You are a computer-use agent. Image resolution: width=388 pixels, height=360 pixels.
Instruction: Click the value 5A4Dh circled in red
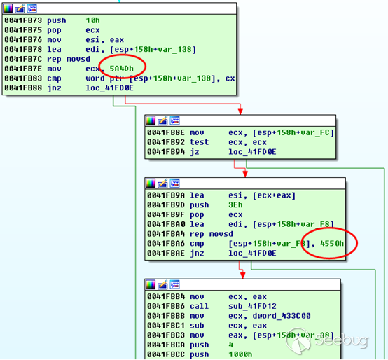point(121,69)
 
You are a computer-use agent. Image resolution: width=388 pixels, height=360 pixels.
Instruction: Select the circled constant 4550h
point(332,244)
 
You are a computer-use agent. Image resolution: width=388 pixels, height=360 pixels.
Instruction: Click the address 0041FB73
point(23,20)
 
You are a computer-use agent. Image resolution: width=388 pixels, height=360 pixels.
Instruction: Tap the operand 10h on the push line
point(92,20)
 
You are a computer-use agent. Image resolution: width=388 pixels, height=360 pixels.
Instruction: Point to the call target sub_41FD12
point(252,306)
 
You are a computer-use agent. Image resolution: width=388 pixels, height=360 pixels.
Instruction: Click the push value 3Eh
point(235,205)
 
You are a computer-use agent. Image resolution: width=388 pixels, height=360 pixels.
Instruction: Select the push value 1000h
point(240,354)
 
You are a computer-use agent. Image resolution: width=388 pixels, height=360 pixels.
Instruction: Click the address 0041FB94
point(166,152)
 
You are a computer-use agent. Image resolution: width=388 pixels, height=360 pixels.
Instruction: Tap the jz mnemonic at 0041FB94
point(195,152)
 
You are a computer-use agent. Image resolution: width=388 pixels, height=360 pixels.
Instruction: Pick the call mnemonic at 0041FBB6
point(199,306)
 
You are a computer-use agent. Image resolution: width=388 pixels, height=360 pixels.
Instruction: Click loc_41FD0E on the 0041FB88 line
point(109,88)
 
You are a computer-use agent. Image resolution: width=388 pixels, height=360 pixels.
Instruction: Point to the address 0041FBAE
point(166,253)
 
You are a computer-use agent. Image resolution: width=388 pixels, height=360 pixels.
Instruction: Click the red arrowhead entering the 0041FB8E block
point(240,111)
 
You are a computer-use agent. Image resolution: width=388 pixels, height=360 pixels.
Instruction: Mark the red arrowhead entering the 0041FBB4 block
point(243,275)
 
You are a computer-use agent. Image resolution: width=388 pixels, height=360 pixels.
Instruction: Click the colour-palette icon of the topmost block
point(8,8)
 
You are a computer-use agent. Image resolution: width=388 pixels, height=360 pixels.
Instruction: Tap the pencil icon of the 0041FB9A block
point(162,184)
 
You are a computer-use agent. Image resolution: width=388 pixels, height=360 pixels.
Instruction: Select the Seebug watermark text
point(342,340)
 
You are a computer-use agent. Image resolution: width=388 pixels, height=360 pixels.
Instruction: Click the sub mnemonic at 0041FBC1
point(197,326)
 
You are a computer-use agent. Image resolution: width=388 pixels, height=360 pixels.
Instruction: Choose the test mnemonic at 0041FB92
point(199,142)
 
